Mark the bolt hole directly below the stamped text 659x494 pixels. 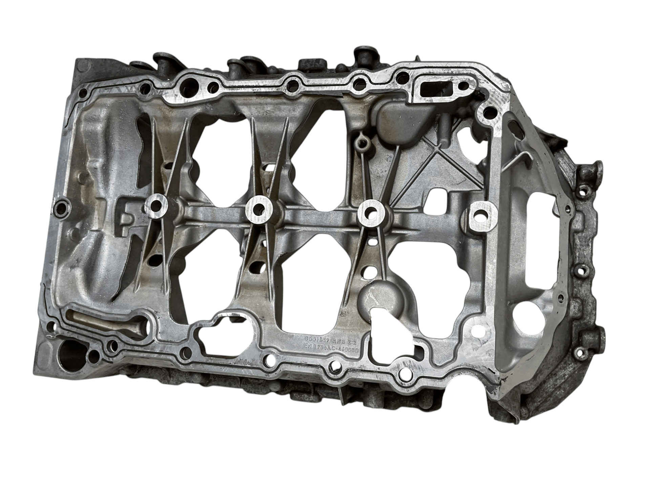click(334, 365)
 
